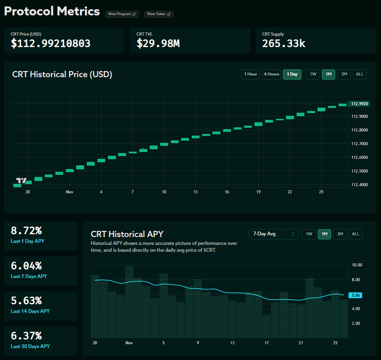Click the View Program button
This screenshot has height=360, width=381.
click(x=122, y=14)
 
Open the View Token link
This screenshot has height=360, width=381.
click(x=159, y=14)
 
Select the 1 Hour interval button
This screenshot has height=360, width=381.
click(x=250, y=74)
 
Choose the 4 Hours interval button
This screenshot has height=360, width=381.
click(x=271, y=74)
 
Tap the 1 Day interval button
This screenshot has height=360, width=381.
click(x=292, y=74)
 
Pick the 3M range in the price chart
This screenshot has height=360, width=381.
click(x=344, y=74)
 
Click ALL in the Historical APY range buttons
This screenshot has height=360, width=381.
click(x=355, y=234)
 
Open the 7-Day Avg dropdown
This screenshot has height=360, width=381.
click(x=273, y=234)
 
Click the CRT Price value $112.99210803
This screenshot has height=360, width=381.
click(x=50, y=44)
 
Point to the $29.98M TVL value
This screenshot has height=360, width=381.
click(x=158, y=44)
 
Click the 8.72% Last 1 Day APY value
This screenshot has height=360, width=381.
click(x=26, y=231)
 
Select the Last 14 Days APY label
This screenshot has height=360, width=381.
click(x=30, y=311)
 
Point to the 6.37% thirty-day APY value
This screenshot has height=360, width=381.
click(x=26, y=336)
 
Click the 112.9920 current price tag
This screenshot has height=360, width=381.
click(x=360, y=103)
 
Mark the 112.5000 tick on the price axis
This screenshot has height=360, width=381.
click(x=360, y=171)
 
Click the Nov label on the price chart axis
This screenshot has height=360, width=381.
click(x=69, y=192)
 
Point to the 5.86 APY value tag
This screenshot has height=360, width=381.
click(x=355, y=295)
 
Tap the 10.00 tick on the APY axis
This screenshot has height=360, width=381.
click(x=357, y=265)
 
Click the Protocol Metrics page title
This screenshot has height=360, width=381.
click(x=52, y=11)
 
